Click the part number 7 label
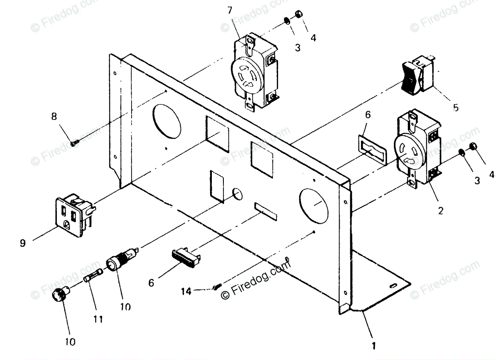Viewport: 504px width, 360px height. (x=229, y=10)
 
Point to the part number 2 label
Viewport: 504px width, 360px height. (x=440, y=210)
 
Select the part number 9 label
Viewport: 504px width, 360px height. (x=23, y=243)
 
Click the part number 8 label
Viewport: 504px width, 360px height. (x=54, y=117)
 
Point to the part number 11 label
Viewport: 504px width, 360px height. (x=98, y=319)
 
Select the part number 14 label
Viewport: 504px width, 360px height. (x=186, y=291)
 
